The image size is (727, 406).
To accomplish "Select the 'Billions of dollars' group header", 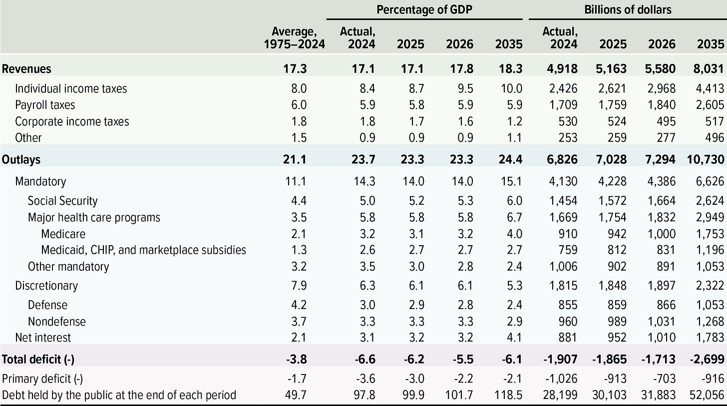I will (628, 9).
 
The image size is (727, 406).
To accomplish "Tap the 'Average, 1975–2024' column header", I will (294, 38).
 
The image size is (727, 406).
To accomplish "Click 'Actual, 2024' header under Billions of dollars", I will (560, 38).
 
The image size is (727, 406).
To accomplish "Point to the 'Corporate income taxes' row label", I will (72, 121).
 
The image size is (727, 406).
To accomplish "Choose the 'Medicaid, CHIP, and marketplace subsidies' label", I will (143, 250).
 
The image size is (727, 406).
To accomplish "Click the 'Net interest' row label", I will (43, 337).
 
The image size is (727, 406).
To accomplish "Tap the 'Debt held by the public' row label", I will (119, 395).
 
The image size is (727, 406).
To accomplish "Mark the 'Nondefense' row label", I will (56, 321).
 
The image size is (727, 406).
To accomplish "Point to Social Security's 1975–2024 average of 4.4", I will (299, 201).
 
